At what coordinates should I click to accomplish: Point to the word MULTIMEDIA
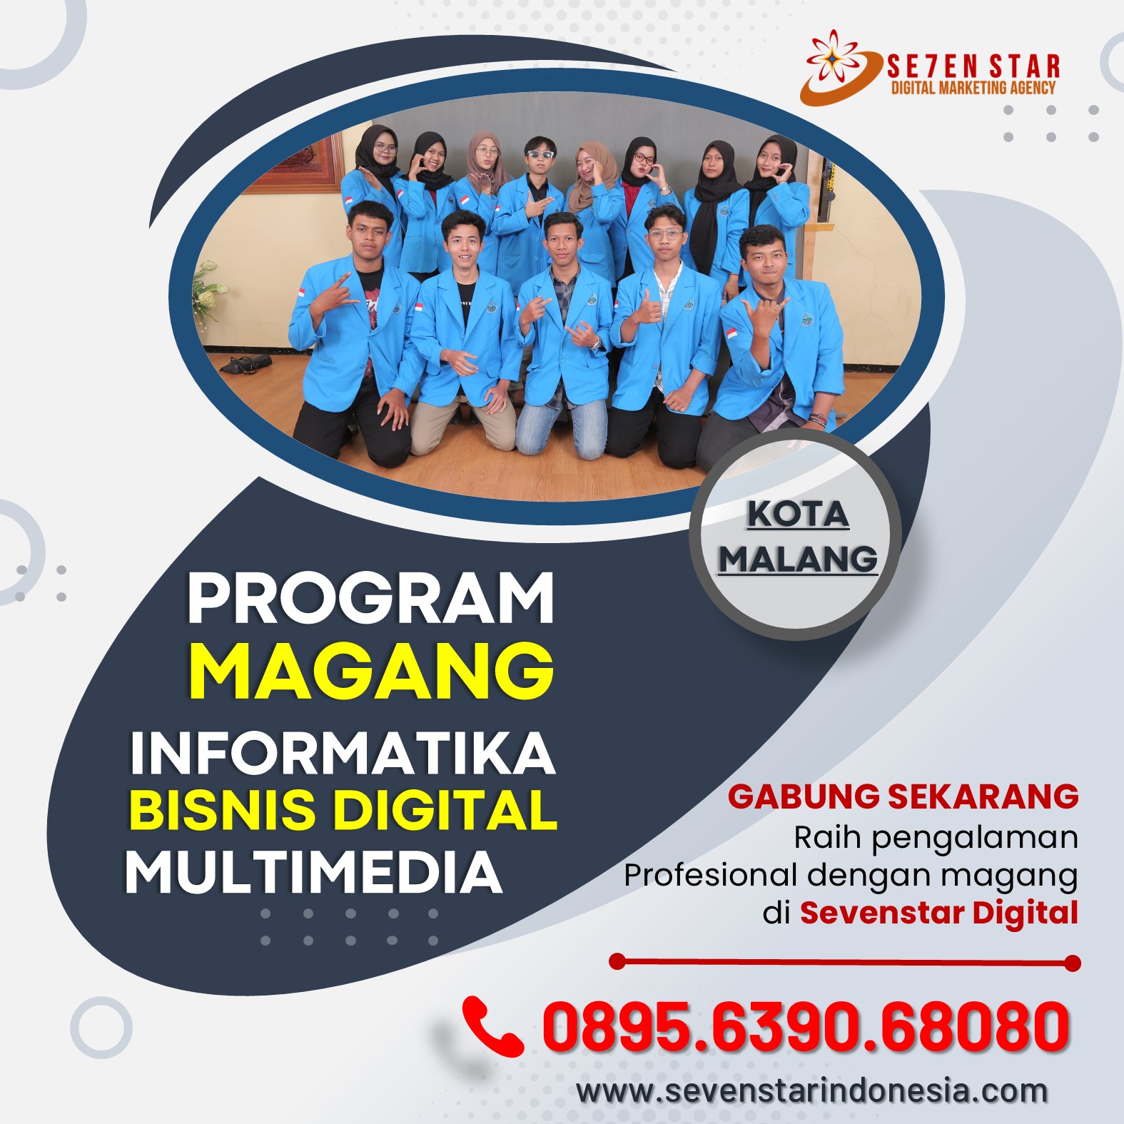click(314, 871)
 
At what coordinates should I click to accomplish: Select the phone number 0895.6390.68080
click(806, 1026)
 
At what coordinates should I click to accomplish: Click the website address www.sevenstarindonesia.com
click(812, 1091)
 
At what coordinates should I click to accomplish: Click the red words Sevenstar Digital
click(938, 912)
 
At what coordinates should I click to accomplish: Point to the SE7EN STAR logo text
click(973, 66)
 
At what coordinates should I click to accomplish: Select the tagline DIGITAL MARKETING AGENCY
click(973, 88)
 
